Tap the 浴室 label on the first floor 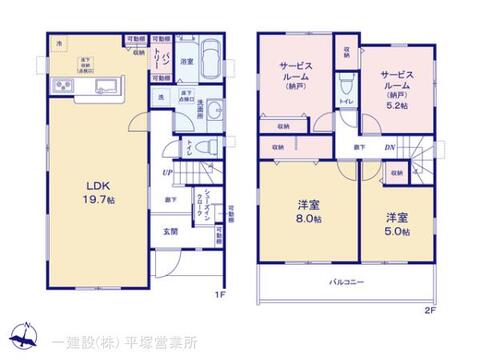(186, 62)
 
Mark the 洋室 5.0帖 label (398, 221)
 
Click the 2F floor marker (431, 311)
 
